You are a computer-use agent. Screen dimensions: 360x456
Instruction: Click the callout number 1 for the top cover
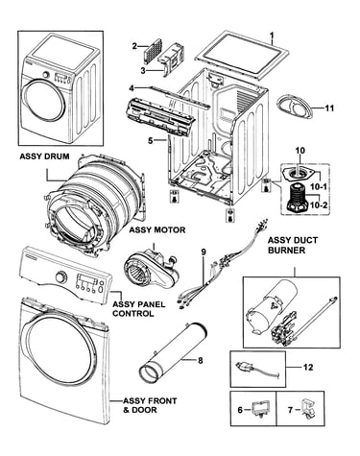(272, 34)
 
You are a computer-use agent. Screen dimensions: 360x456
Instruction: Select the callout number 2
(134, 46)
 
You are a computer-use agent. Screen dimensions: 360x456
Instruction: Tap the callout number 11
(329, 108)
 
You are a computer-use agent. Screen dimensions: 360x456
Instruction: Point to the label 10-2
(318, 205)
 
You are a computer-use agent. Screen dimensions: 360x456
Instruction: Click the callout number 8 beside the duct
(201, 361)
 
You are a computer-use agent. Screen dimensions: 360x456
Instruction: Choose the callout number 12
(308, 367)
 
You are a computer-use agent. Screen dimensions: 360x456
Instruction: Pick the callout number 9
(204, 252)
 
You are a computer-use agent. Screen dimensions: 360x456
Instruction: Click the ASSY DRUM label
(44, 156)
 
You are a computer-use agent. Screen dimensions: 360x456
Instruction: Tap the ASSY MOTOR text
(157, 229)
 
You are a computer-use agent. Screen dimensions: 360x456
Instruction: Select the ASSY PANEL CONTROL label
(139, 308)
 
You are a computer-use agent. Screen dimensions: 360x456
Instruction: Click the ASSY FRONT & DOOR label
(150, 405)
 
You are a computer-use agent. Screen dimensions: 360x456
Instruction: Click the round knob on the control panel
(60, 276)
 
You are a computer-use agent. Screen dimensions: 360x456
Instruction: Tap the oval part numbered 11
(295, 108)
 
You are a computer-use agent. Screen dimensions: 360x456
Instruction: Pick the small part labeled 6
(260, 409)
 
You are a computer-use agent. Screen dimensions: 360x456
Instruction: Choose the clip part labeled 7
(307, 409)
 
